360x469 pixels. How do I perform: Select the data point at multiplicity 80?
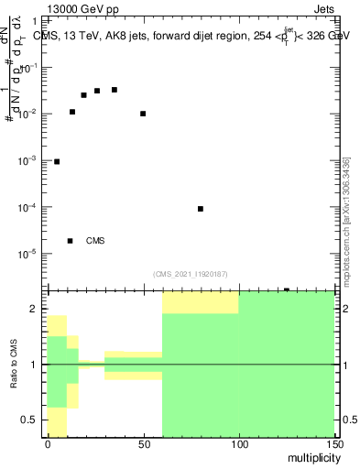[x=201, y=209]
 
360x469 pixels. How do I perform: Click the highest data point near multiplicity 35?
[x=115, y=90]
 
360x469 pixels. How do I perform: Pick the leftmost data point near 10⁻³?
[x=57, y=161]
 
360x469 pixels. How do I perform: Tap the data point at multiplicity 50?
[x=143, y=114]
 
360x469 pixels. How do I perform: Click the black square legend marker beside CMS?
[x=71, y=241]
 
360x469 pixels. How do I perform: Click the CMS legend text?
[x=95, y=241]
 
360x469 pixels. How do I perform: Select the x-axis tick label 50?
[x=143, y=445]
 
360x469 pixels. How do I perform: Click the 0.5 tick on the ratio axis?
[x=32, y=420]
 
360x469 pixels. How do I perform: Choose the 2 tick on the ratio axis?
[x=38, y=310]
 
